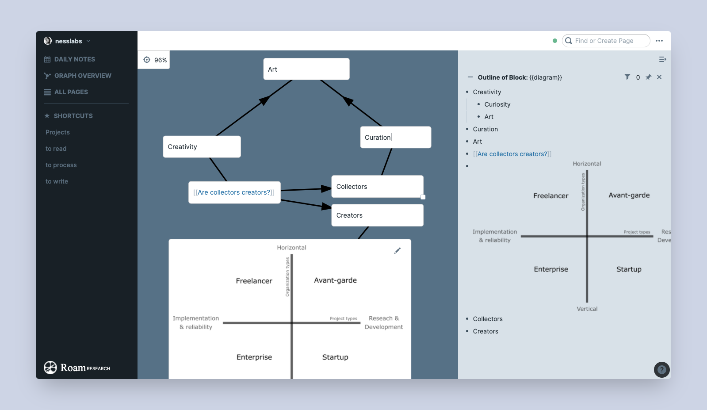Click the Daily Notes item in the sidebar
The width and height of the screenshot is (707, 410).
tap(74, 59)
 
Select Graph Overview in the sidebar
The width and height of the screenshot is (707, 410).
tap(82, 76)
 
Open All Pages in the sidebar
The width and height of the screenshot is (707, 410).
tap(71, 92)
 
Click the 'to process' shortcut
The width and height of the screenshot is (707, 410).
tap(61, 165)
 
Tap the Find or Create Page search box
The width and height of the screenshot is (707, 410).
tap(606, 41)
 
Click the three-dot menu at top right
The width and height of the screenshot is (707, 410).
tap(659, 41)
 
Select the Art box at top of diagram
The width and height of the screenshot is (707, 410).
tap(306, 69)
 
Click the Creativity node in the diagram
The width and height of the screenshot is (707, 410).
tap(202, 146)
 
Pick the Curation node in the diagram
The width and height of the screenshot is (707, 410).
tap(395, 137)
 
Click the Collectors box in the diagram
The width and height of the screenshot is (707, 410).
tap(377, 187)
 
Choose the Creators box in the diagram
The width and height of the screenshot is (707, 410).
tap(377, 215)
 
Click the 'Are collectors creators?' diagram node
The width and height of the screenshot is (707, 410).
tap(234, 192)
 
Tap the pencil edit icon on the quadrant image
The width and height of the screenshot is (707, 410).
tap(397, 250)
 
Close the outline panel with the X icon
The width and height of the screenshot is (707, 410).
tap(659, 77)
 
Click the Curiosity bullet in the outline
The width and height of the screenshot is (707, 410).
tap(497, 104)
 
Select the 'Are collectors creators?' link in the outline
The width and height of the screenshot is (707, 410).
tap(512, 154)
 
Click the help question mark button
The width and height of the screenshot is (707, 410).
tap(661, 370)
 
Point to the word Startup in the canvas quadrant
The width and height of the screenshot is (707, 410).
tap(335, 357)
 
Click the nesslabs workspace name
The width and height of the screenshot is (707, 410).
tap(69, 41)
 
